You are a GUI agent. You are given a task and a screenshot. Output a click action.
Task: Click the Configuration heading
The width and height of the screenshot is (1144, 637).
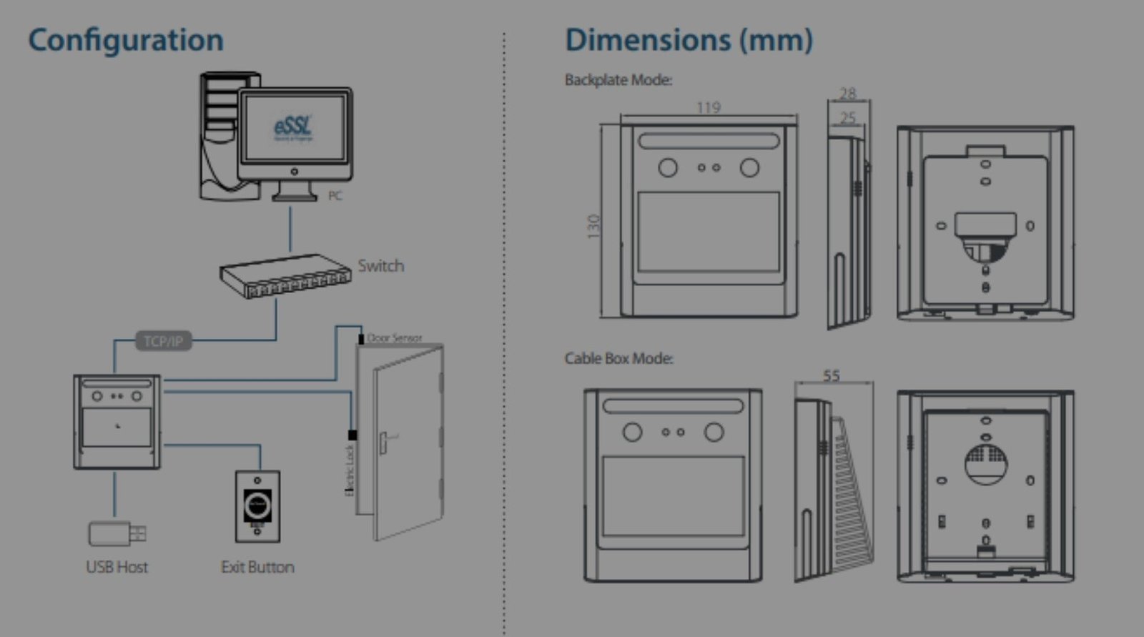point(126,40)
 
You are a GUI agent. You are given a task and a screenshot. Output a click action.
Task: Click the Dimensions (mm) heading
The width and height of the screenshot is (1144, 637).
point(689,40)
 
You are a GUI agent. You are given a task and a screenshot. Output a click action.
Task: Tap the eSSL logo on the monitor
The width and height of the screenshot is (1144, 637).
point(293,127)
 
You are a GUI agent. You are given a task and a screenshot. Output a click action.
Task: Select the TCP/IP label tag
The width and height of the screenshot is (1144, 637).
point(163,341)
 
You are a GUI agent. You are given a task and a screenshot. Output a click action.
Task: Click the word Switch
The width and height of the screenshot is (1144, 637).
point(380,266)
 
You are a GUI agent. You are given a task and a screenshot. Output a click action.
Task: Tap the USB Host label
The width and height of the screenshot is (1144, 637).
point(117,567)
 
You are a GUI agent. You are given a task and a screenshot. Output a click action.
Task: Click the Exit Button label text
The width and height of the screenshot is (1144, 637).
point(257,567)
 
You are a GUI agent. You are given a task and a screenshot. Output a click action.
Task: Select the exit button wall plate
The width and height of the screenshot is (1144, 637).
point(257,506)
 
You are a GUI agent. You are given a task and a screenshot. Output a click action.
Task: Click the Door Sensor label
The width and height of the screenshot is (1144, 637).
point(394,337)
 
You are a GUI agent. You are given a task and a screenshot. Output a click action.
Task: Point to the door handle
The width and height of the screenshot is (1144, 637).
point(387,439)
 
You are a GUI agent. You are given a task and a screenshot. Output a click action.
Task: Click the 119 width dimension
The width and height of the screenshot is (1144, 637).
point(708,107)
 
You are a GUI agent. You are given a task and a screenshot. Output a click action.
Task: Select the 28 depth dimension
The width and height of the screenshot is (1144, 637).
point(847,94)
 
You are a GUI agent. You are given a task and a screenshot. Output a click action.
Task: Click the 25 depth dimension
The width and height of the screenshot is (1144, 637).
point(847,117)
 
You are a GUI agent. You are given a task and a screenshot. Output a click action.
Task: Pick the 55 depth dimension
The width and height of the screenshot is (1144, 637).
point(831,375)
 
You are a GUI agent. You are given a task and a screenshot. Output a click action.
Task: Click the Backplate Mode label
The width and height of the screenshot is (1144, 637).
point(618,80)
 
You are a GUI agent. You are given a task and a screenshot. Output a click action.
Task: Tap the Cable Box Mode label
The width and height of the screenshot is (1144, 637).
point(619,358)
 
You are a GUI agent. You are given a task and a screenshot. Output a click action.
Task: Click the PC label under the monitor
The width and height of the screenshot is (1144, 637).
point(335,195)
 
